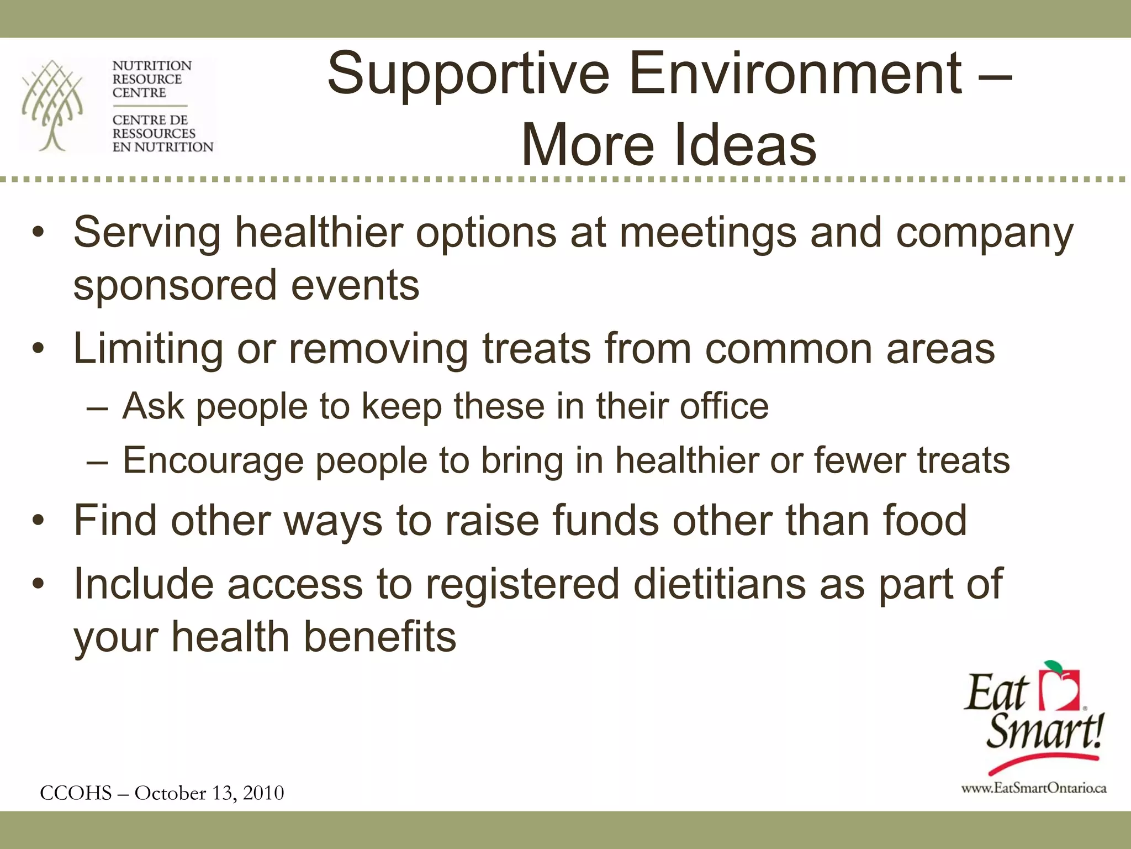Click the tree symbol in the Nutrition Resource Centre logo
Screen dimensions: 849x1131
52,105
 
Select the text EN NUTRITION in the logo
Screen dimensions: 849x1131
162,147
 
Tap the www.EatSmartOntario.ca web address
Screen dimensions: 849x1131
1033,788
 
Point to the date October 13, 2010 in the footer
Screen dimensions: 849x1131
209,793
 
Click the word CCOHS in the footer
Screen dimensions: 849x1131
76,793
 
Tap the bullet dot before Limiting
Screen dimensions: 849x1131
38,349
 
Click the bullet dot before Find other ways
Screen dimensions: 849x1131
38,521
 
